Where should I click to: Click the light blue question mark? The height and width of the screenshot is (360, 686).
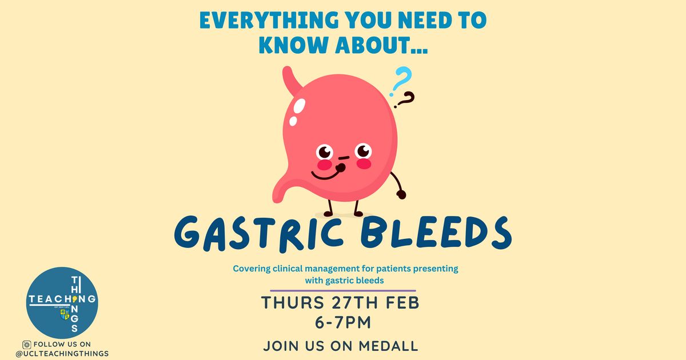(401, 81)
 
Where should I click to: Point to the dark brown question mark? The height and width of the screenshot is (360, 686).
(405, 100)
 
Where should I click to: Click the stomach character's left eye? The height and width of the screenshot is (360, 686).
(324, 151)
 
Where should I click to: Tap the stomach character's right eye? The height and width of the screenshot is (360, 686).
(364, 151)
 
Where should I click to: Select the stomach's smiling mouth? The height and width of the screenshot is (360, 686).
(325, 175)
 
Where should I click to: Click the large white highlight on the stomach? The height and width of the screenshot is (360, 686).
(299, 106)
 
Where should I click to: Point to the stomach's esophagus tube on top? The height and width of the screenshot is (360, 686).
(291, 80)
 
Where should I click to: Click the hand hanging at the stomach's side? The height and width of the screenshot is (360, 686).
(401, 194)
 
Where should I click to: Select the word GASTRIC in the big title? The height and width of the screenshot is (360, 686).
(258, 234)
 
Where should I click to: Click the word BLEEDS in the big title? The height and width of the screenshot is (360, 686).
(436, 232)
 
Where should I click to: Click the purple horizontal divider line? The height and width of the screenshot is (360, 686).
(342, 290)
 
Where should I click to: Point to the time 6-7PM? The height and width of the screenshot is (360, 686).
(343, 322)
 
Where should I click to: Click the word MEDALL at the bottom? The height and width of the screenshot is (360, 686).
(388, 346)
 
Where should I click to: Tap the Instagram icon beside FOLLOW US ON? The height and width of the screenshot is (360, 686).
(27, 345)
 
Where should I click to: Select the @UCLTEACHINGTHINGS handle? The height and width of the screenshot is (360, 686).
(62, 354)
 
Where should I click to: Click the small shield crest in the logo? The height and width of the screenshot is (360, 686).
(65, 314)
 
